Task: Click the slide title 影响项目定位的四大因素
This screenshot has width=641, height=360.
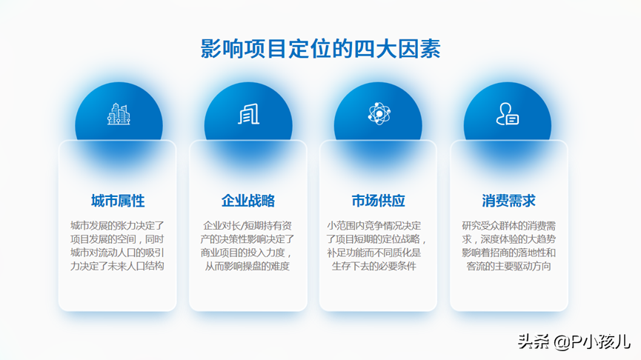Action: (x=320, y=49)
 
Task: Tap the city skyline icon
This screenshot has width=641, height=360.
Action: (x=119, y=113)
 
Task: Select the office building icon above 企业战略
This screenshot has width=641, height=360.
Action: (x=248, y=113)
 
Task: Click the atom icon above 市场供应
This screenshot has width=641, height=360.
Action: (x=379, y=113)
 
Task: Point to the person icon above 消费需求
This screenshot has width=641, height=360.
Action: (x=508, y=113)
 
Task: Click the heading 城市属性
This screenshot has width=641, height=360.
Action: (x=118, y=201)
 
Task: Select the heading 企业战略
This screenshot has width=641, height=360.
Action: (x=248, y=201)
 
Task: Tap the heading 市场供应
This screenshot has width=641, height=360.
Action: (x=378, y=201)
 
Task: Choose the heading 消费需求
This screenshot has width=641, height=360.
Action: (x=508, y=201)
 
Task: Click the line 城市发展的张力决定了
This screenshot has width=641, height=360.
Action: (x=117, y=226)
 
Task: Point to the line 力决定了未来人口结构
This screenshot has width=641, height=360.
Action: (x=117, y=266)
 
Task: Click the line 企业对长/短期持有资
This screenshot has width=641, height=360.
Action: (x=248, y=226)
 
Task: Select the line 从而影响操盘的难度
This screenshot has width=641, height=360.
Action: (x=248, y=266)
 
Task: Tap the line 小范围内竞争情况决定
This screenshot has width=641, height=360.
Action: (x=374, y=226)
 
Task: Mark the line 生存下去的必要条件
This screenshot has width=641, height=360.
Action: (x=374, y=266)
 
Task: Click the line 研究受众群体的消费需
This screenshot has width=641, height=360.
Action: (x=509, y=226)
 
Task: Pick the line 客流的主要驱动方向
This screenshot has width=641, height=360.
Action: (x=509, y=266)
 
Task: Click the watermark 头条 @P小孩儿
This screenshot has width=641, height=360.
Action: (x=574, y=341)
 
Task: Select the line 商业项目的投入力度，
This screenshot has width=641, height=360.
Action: (x=247, y=253)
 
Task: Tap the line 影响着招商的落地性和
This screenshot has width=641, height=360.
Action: (x=509, y=253)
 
